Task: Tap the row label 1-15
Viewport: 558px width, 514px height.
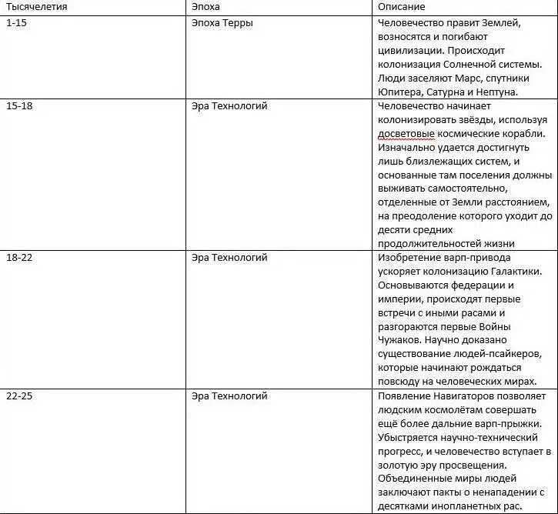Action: pos(16,23)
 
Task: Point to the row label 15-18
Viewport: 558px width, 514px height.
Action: pos(19,105)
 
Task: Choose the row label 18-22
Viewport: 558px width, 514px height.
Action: pos(19,258)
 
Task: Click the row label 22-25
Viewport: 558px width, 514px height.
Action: pos(19,396)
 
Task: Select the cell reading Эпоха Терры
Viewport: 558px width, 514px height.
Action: pos(222,23)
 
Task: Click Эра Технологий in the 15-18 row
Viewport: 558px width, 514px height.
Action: pos(229,105)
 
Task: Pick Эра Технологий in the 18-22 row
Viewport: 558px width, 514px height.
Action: pos(229,258)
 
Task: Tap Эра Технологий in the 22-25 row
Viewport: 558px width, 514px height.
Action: pos(229,396)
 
